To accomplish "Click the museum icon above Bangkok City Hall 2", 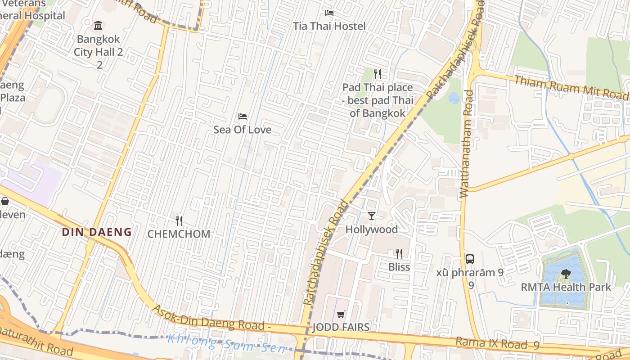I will tap(98, 25).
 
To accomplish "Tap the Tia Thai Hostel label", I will tap(329, 26).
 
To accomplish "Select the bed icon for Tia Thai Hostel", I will tap(329, 13).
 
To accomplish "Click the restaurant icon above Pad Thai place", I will tap(378, 74).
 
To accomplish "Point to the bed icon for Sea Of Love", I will tap(243, 117).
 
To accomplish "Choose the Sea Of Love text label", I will tap(243, 130).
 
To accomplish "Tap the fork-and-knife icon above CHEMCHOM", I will tap(179, 220).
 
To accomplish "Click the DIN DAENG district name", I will tap(97, 232).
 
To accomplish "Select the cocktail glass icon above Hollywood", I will tap(372, 216).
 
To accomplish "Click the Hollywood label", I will tap(372, 229).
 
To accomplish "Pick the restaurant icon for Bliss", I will tap(399, 254).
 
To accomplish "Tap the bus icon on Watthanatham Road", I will tap(470, 259).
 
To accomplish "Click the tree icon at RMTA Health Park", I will tap(566, 274).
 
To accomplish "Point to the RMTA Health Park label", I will tap(566, 287).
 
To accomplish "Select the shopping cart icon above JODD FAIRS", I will tap(341, 314).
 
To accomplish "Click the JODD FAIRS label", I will tap(341, 327).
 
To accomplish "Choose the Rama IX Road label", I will tap(497, 343).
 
